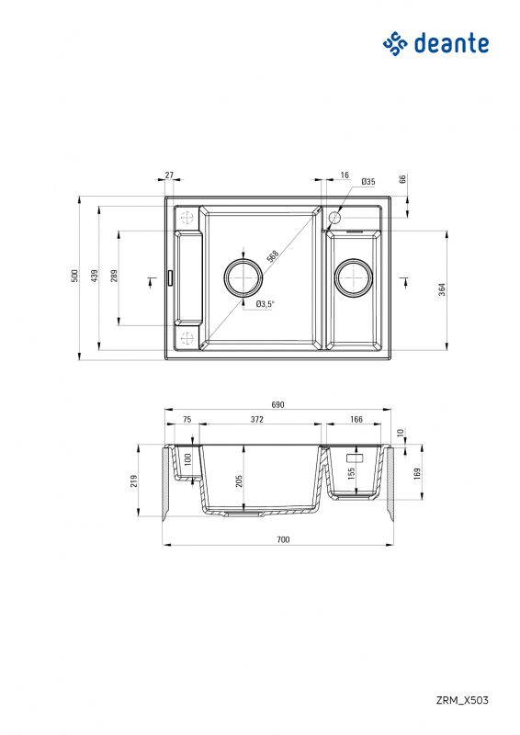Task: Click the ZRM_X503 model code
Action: pos(462,700)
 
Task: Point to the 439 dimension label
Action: pos(94,275)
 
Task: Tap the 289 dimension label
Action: pos(113,276)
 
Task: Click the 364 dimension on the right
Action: pos(442,289)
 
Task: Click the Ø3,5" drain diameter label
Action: pos(266,304)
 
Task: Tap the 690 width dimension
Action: pos(277,405)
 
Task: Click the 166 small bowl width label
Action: pos(356,420)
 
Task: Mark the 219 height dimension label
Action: pos(134,482)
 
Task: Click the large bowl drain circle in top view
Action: pos(243,276)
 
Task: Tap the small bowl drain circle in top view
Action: pos(353,276)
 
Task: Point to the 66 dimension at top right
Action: pos(402,179)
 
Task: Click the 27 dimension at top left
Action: pos(169,175)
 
